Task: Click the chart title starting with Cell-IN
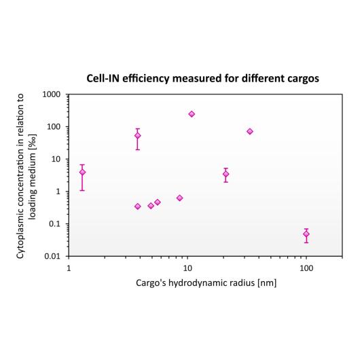pyautogui.click(x=202, y=78)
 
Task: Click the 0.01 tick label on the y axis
pyautogui.click(x=52, y=257)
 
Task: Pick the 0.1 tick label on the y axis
pyautogui.click(x=54, y=224)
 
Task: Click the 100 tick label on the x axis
pyautogui.click(x=306, y=268)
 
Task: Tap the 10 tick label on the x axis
pyautogui.click(x=187, y=268)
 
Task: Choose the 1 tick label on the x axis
pyautogui.click(x=69, y=268)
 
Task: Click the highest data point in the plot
pyautogui.click(x=192, y=114)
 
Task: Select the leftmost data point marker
pyautogui.click(x=82, y=172)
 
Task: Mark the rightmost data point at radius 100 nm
pyautogui.click(x=306, y=234)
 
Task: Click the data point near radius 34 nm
pyautogui.click(x=250, y=131)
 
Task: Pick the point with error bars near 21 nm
pyautogui.click(x=226, y=174)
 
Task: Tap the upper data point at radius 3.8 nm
pyautogui.click(x=137, y=136)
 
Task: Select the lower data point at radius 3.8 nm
pyautogui.click(x=137, y=206)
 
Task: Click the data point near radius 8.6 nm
pyautogui.click(x=179, y=198)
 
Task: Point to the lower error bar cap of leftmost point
pyautogui.click(x=82, y=190)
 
